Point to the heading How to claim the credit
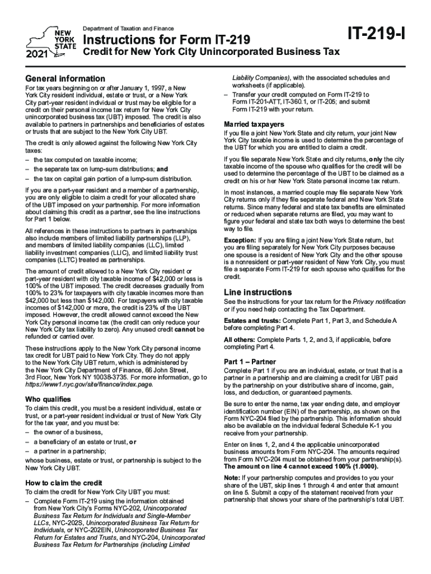click(x=64, y=483)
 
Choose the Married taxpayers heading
click(x=254, y=124)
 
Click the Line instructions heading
click(x=257, y=293)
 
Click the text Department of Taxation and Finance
click(x=129, y=29)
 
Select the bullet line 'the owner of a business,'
click(x=68, y=432)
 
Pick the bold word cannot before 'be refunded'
click(x=177, y=329)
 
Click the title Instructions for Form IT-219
click(x=163, y=40)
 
